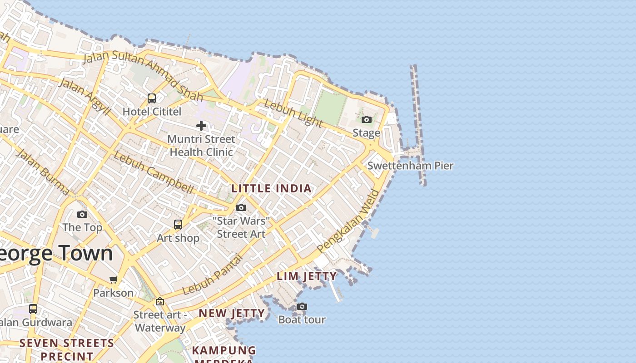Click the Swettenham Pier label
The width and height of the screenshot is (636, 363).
[410, 166]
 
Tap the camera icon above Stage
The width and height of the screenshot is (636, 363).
[366, 120]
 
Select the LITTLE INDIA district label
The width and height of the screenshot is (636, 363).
[272, 188]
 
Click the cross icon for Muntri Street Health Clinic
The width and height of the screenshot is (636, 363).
[201, 126]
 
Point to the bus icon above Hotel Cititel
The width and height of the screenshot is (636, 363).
[152, 98]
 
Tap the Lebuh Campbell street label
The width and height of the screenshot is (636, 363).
[154, 172]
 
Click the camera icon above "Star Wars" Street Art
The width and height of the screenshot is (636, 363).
[241, 208]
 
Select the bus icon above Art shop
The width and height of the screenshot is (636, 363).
[178, 224]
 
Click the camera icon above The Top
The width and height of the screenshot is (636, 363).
[82, 214]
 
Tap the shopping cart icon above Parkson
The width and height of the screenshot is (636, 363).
[114, 280]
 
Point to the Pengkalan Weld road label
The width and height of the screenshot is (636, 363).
[348, 221]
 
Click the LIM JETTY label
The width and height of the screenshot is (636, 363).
[307, 276]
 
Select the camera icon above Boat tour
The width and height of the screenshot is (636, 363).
[302, 307]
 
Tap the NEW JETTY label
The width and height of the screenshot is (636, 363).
[232, 313]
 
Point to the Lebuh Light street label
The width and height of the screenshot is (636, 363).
[293, 113]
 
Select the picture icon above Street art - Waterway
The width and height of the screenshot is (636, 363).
[160, 301]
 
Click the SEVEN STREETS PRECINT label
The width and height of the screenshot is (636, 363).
[67, 349]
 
